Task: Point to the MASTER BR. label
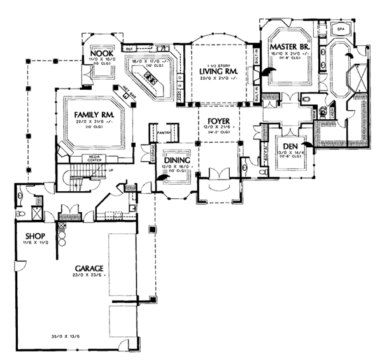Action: pos(290,47)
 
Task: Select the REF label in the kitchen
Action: pos(127,48)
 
